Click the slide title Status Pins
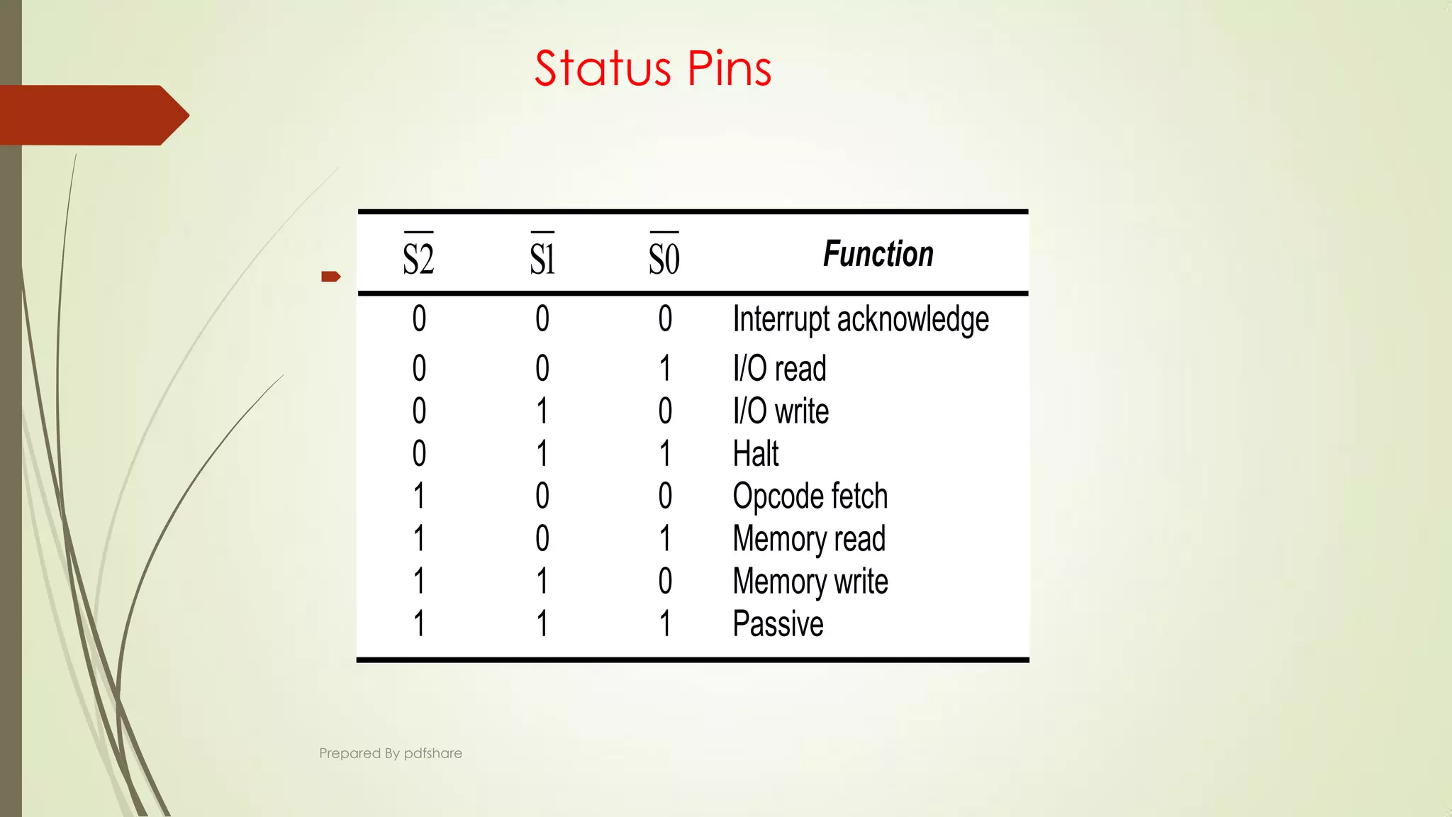pos(652,69)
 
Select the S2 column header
pos(418,257)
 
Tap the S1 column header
pos(542,257)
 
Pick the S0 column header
pos(664,257)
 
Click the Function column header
pos(878,254)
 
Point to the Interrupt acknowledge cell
pos(860,319)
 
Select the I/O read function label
pos(779,369)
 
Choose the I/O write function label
pos(781,411)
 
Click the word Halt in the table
pos(756,454)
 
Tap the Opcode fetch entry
pos(810,496)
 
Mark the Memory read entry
pos(809,539)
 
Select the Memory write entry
pos(810,582)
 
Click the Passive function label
pos(778,624)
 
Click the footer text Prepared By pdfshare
pos(391,753)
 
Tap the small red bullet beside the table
pos(330,277)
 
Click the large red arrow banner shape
pos(92,115)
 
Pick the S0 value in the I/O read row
pos(665,369)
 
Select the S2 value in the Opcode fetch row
pos(419,496)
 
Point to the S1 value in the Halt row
pos(542,454)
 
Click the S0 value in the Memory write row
pos(665,582)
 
